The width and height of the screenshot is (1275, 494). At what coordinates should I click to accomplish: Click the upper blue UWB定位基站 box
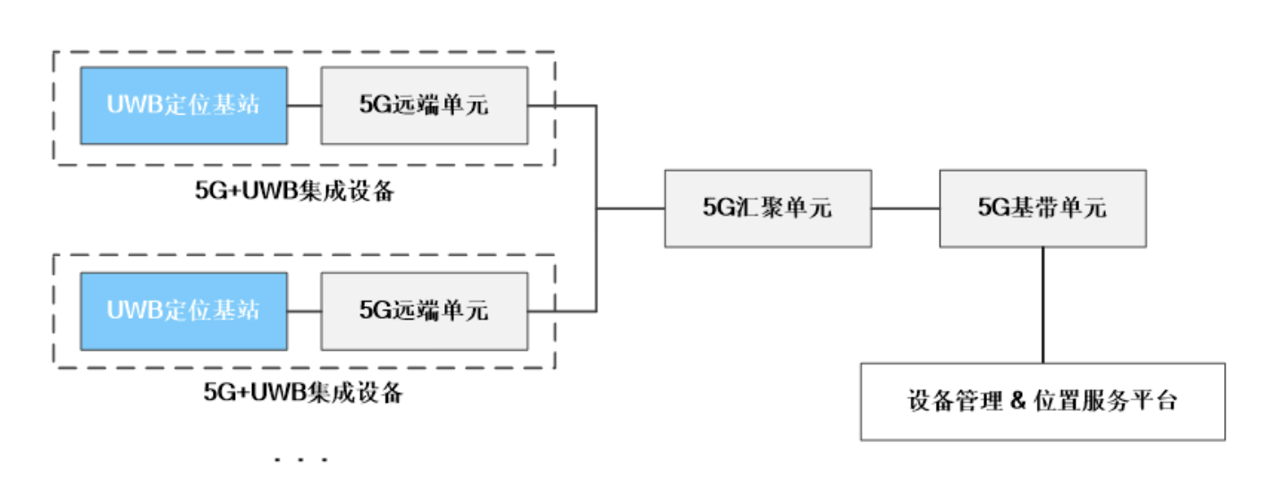pyautogui.click(x=183, y=105)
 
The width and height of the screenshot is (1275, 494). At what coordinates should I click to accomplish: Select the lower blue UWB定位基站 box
pyautogui.click(x=183, y=311)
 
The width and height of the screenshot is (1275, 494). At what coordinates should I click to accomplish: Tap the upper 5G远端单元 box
pyautogui.click(x=424, y=105)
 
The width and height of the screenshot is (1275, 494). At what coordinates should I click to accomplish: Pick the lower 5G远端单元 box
pyautogui.click(x=424, y=311)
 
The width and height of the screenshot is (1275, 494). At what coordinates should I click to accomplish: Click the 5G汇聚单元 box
pyautogui.click(x=767, y=209)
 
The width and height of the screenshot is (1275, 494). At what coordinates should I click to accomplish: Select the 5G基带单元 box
pyautogui.click(x=1043, y=209)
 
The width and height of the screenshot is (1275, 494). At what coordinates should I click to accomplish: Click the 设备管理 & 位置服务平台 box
pyautogui.click(x=1043, y=401)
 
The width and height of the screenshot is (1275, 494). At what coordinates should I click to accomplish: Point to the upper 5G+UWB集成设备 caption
pyautogui.click(x=295, y=192)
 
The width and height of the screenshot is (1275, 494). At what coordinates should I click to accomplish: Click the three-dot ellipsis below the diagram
pyautogui.click(x=301, y=461)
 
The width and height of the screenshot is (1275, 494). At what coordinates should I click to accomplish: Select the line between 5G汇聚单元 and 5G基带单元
pyautogui.click(x=905, y=209)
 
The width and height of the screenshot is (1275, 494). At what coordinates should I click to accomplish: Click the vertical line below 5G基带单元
pyautogui.click(x=1043, y=304)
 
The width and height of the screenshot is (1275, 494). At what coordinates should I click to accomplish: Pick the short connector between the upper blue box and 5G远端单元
pyautogui.click(x=304, y=105)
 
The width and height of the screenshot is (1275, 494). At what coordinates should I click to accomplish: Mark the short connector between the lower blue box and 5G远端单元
pyautogui.click(x=304, y=311)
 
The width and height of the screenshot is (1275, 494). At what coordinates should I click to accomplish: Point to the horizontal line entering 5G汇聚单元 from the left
pyautogui.click(x=630, y=209)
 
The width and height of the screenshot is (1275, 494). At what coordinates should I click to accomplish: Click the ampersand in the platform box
pyautogui.click(x=1015, y=401)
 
